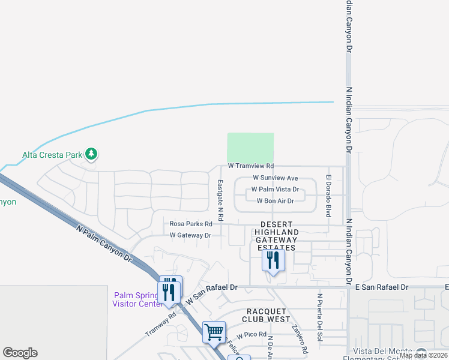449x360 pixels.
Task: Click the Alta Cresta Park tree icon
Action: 91,154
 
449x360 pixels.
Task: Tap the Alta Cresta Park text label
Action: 52,155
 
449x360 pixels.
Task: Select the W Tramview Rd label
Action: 250,166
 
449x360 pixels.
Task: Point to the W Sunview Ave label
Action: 275,178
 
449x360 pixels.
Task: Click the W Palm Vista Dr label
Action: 275,189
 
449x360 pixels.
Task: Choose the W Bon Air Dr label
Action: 275,201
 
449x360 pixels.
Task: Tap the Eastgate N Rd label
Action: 220,199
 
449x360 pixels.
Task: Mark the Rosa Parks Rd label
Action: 191,224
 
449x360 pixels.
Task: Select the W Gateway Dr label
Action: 190,235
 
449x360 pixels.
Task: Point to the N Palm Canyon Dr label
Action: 104,243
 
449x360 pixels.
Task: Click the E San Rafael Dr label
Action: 381,287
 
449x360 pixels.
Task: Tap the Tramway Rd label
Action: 160,324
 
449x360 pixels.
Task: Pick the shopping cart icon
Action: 214,331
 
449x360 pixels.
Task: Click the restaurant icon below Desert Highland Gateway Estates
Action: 273,261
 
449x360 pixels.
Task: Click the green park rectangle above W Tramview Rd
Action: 250,147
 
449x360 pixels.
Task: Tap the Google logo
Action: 20,352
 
